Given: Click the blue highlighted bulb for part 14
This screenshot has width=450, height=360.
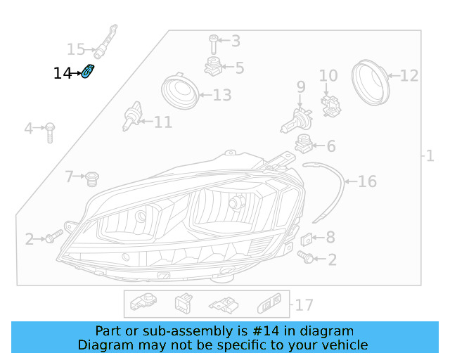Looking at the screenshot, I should click(89, 72).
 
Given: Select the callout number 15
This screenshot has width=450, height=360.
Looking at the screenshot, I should click(76, 49).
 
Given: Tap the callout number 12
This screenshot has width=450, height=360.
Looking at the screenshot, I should click(409, 75).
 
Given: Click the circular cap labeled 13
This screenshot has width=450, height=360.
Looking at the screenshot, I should click(179, 94).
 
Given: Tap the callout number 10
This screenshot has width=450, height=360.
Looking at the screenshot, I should click(328, 76).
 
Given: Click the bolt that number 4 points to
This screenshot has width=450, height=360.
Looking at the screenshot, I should click(51, 131).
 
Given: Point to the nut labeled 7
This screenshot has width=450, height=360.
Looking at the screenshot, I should click(90, 179).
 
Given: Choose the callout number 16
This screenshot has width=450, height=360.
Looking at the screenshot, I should click(367, 181).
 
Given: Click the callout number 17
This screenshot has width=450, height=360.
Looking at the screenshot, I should click(304, 305).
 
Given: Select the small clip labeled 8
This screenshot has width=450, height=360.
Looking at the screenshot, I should click(314, 239).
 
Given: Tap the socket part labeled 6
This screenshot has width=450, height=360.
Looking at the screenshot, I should click(304, 144).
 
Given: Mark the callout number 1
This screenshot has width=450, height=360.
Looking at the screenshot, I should click(430, 155).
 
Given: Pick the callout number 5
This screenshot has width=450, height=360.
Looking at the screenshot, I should click(240, 68).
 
